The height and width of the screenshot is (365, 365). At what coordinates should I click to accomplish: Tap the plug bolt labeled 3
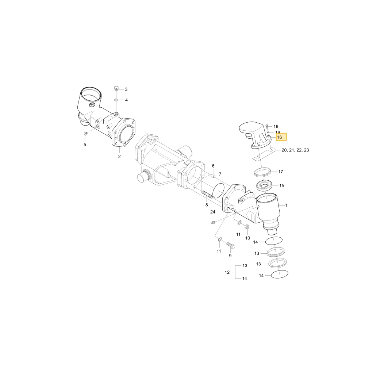[x=116, y=89]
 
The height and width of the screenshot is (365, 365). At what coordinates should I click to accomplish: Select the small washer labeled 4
[x=116, y=100]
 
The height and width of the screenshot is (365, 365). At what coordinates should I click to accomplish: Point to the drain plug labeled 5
[x=85, y=134]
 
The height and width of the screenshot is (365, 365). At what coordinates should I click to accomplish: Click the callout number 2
[x=119, y=157]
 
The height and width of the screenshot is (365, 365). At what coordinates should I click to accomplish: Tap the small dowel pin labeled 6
[x=213, y=176]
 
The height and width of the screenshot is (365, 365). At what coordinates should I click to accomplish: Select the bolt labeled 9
[x=231, y=245]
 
